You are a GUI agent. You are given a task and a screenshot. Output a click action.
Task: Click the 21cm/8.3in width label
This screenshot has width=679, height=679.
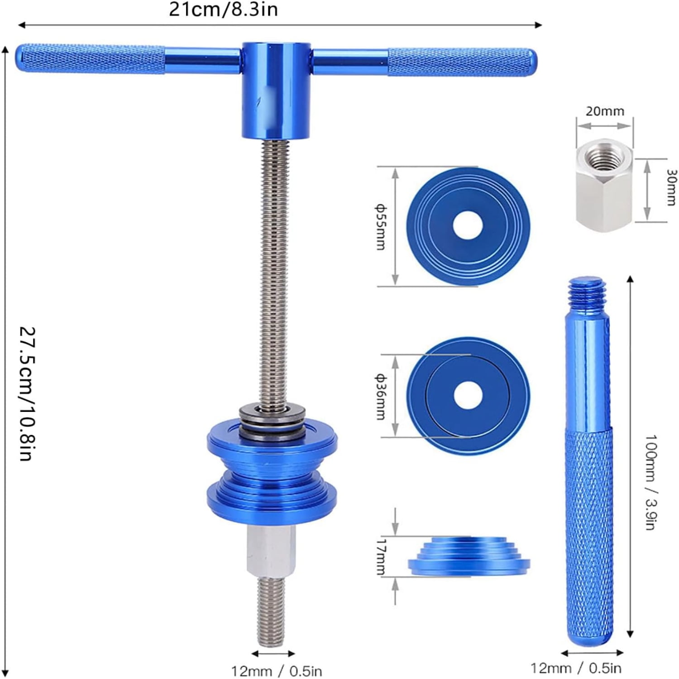coord(223,10)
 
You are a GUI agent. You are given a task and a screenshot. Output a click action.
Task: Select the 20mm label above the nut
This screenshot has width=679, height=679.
coord(605,111)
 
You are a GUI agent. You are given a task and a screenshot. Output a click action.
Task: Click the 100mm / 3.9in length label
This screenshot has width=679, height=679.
coord(650,482)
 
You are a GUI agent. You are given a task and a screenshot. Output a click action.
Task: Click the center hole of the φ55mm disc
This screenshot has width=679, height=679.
coord(467,225)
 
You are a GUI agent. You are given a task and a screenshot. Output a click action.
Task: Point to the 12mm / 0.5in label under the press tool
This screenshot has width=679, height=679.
coord(277,670)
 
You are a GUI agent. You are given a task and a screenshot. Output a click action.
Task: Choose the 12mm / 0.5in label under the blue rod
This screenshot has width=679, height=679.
coord(576,668)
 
